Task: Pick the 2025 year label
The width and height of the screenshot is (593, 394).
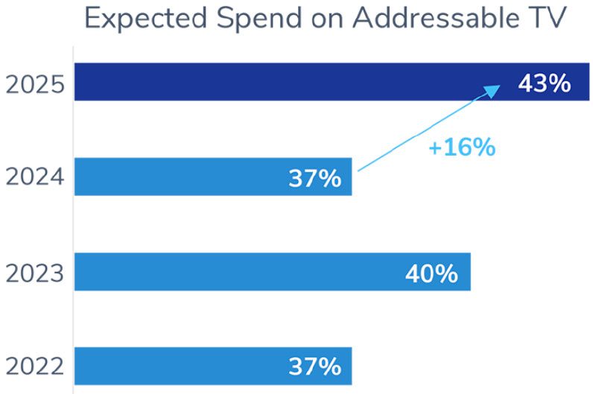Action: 35,84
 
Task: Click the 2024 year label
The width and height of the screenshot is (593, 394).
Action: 35,179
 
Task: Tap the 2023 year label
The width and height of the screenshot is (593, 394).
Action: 35,273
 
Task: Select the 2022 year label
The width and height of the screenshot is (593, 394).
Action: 35,367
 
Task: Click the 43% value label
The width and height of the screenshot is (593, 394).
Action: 544,83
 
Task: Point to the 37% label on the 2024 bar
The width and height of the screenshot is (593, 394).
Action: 314,179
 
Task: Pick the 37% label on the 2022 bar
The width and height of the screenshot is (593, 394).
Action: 314,367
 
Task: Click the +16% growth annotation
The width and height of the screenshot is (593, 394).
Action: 461,147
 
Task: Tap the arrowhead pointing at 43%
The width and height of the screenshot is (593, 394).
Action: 492,89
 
